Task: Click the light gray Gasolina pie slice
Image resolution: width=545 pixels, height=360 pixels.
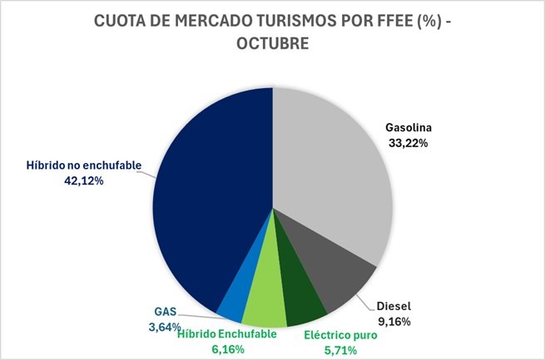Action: (x=333, y=166)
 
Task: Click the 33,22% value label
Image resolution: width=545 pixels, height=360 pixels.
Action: (x=409, y=144)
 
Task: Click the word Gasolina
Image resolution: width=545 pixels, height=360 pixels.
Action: (x=409, y=129)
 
